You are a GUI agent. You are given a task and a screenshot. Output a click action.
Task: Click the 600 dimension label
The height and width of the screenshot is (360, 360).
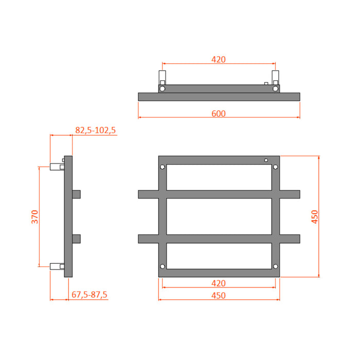pos(219,113)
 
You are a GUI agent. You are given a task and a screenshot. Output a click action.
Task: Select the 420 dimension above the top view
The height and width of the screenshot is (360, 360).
pos(219,59)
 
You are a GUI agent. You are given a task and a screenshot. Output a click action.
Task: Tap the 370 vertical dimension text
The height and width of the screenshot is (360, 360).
pos(34,217)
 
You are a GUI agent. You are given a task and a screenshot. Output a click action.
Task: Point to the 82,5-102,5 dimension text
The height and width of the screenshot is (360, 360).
pos(96,131)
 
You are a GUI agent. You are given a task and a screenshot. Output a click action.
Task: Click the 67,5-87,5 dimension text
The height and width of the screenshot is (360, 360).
pos(89,295)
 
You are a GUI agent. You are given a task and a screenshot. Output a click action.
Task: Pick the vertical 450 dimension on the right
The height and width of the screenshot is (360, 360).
pos(314,217)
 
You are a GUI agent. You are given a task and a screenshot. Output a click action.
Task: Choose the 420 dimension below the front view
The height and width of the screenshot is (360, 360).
pos(219,283)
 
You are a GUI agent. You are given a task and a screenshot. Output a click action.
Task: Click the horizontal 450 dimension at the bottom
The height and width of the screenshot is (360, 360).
pos(219,295)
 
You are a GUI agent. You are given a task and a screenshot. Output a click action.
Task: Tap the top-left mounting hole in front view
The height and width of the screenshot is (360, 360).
pos(163,168)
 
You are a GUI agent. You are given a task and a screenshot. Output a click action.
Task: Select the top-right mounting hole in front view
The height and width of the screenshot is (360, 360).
pos(276,168)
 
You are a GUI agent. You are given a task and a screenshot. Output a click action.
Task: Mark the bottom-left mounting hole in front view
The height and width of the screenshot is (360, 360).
pos(163,266)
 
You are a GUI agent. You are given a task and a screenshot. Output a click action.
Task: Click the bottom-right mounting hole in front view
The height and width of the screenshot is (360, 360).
pos(276,266)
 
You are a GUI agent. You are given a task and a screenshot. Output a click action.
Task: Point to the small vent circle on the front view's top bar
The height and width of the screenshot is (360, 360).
pos(266,160)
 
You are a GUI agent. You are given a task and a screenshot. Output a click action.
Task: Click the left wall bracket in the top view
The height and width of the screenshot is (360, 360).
pos(163,81)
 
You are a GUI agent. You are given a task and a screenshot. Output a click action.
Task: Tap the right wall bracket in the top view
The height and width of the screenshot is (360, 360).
pos(276,81)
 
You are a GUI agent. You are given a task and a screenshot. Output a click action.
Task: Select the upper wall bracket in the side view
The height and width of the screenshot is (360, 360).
pos(56,167)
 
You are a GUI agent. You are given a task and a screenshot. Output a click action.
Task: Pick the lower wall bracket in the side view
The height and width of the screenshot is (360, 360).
pos(56,266)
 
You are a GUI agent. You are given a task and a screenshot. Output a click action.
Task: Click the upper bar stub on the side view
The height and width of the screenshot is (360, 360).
pos(77,194)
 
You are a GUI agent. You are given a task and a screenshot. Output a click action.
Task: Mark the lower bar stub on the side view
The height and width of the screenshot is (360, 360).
pos(77,239)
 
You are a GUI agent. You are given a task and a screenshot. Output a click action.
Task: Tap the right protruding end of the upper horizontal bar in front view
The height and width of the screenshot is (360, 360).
pos(290,194)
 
